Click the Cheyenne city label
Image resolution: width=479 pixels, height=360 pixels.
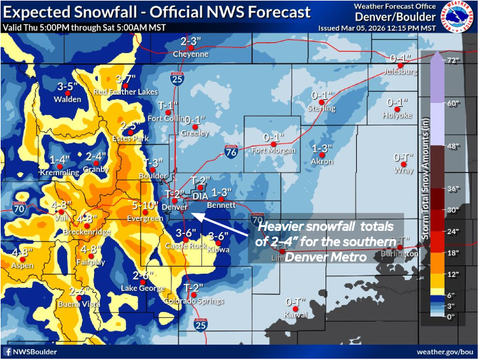(191, 54)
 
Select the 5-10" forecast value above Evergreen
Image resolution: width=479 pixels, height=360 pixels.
(146, 206)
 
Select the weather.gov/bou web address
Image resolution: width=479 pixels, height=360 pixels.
(444, 352)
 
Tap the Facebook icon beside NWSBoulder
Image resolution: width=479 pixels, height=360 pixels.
(8, 352)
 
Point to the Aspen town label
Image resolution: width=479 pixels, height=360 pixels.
(22, 265)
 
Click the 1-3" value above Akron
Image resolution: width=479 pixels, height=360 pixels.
(322, 148)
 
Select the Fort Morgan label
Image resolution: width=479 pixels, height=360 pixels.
(273, 150)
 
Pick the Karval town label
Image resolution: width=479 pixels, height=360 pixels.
(296, 315)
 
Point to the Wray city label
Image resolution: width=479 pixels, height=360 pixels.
(404, 171)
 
